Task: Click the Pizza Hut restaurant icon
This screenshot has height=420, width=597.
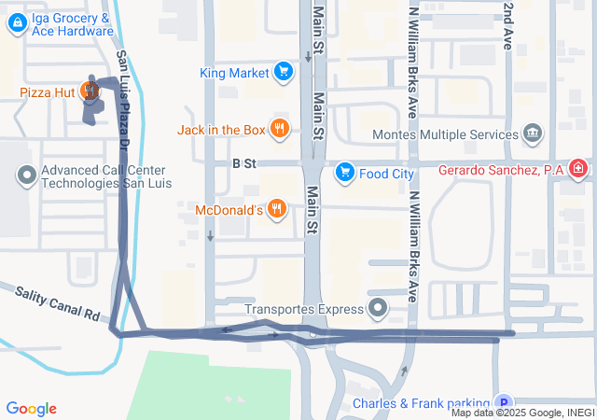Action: coord(90,91)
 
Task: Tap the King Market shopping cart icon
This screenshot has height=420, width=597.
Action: coord(284,72)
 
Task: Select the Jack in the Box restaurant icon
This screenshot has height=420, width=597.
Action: coord(279,129)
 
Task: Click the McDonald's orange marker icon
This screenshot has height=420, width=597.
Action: coord(275,209)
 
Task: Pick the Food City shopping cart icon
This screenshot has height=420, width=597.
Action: coord(345,172)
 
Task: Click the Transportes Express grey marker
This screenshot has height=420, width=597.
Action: coord(378,307)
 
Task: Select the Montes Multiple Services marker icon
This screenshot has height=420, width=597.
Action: coord(533,133)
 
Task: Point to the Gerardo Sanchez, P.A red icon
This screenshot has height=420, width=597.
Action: coord(579,169)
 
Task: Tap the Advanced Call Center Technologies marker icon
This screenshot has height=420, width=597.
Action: coord(27,175)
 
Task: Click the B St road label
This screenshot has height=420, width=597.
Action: coord(243,163)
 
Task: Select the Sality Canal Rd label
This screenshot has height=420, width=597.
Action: coord(57,304)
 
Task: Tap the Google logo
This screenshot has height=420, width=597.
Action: coord(31,409)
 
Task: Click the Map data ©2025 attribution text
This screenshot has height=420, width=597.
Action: coord(522,413)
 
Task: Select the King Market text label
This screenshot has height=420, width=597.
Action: coord(234,72)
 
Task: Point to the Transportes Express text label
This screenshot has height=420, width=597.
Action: coord(302,309)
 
